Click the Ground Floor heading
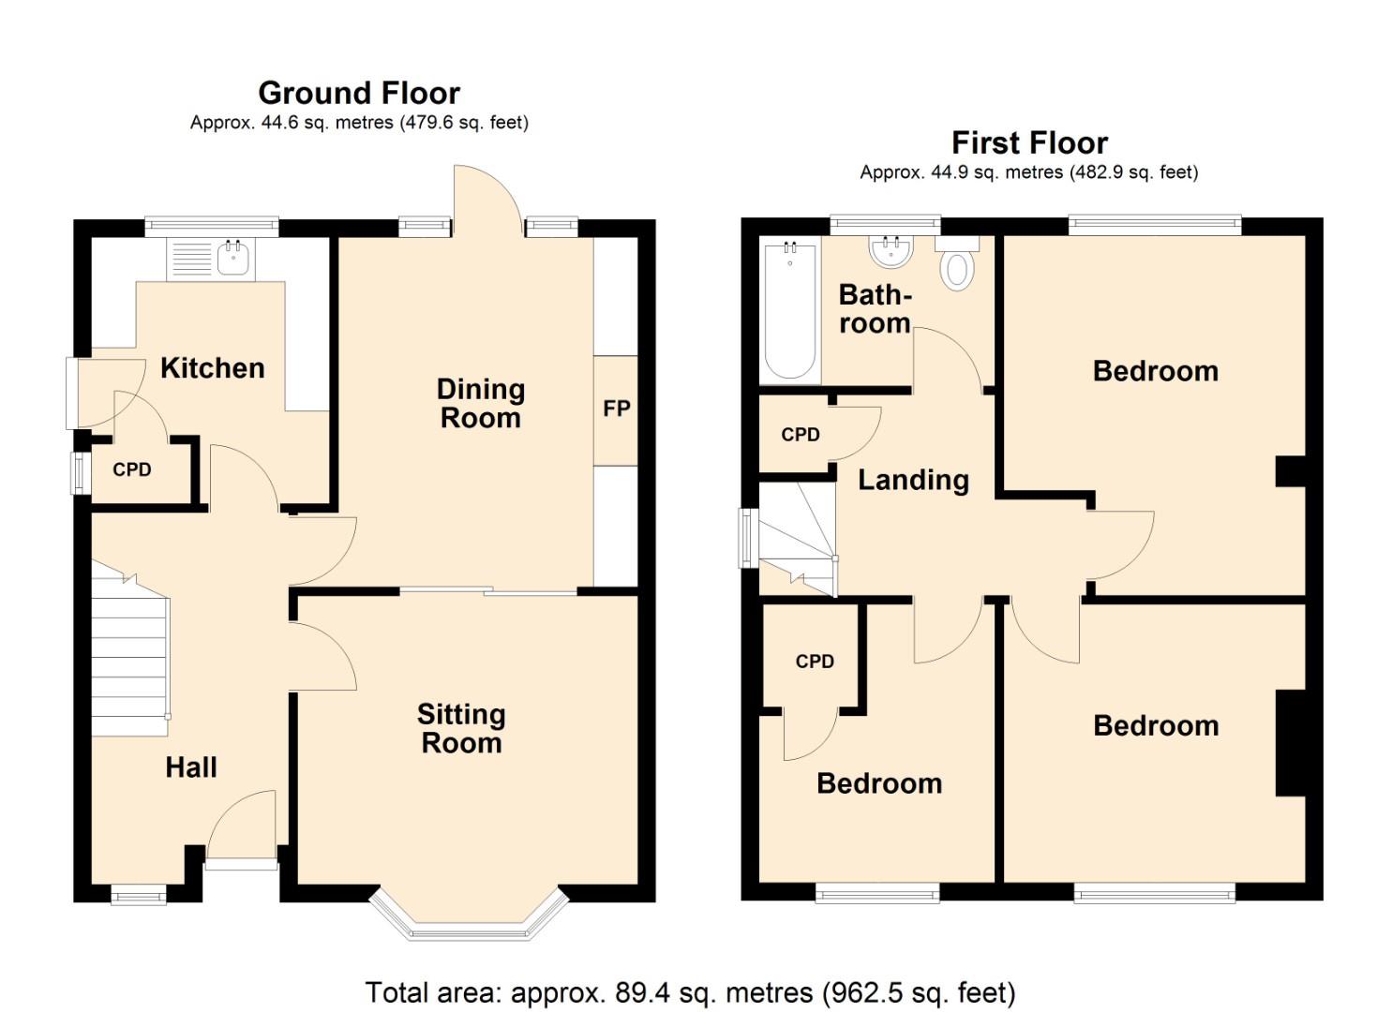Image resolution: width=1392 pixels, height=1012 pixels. tap(359, 93)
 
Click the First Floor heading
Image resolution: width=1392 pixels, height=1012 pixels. tap(1029, 142)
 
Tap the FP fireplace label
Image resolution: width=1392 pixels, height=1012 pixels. tap(616, 409)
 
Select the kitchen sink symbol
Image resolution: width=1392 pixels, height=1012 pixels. tap(232, 258)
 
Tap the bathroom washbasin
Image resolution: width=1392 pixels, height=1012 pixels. tap(891, 251)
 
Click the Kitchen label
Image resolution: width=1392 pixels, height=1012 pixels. tap(212, 368)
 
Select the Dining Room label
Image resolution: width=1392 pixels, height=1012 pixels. tap(481, 403)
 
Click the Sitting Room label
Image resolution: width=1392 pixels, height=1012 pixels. tap(461, 728)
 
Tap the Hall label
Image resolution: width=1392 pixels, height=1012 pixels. tap(191, 767)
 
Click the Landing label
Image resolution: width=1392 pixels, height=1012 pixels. tap(913, 480)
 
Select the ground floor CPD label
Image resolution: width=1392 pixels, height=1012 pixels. tap(131, 469)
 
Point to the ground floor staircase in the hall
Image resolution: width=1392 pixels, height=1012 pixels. tap(130, 656)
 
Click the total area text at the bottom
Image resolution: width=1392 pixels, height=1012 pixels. tap(690, 991)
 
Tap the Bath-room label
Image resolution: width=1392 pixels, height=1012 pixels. tap(874, 308)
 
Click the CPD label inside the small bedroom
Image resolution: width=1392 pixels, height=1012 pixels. tap(815, 662)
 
